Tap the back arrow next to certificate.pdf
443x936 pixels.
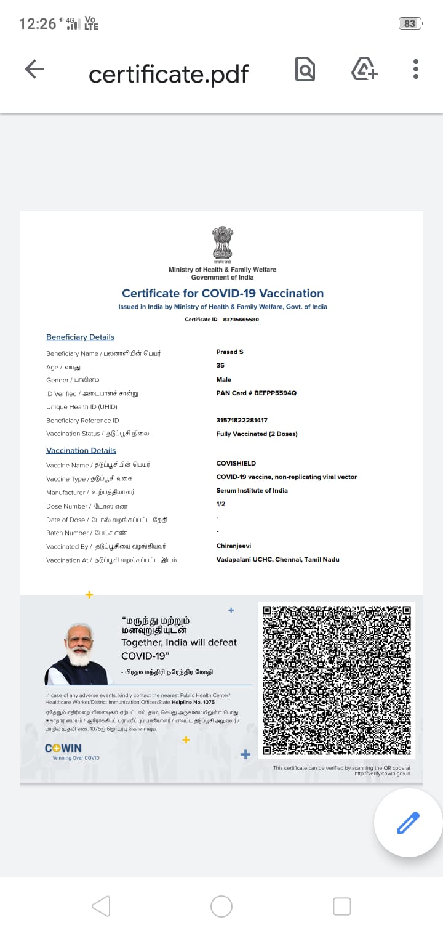click(34, 69)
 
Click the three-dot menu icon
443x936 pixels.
click(416, 69)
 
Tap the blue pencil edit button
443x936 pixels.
click(408, 823)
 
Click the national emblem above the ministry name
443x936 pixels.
click(223, 244)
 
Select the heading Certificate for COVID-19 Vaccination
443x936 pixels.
click(223, 294)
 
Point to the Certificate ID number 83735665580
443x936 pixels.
click(241, 320)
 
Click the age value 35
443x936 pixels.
click(220, 366)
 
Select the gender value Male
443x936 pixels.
click(224, 379)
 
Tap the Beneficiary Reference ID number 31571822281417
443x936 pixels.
click(242, 420)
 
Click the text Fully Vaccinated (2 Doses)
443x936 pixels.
click(257, 434)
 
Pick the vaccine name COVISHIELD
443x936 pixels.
click(236, 463)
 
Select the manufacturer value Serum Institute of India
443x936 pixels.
click(252, 490)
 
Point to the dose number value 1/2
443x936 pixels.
click(221, 504)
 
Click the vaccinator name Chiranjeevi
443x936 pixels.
click(234, 546)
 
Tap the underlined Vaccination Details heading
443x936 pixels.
click(81, 451)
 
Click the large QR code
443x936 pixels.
click(337, 680)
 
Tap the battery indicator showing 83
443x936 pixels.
click(410, 23)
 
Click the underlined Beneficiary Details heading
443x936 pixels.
click(80, 337)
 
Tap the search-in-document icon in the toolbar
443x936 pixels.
click(305, 69)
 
